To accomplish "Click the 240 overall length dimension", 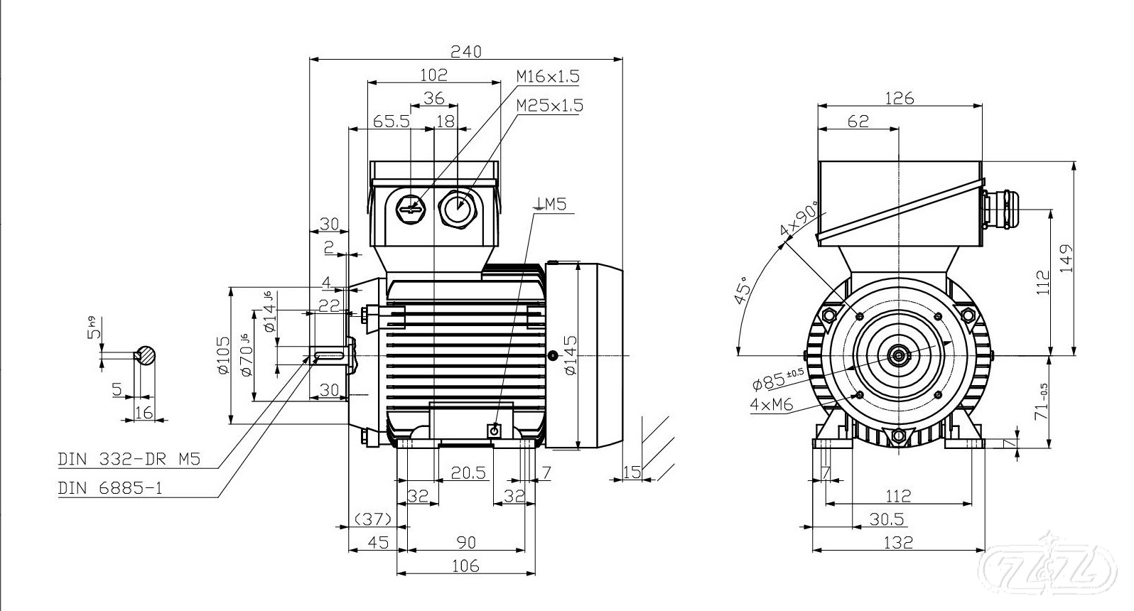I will click(x=466, y=51).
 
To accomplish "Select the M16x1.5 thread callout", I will click(x=548, y=76).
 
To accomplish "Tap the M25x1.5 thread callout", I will click(x=549, y=105).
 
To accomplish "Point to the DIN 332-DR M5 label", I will click(x=129, y=460).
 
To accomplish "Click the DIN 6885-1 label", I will click(x=110, y=489).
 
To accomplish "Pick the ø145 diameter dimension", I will click(x=571, y=355).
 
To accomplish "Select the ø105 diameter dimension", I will click(x=222, y=355).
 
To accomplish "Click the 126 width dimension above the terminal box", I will click(x=899, y=98).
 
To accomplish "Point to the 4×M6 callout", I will click(x=772, y=405).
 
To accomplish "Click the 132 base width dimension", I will click(x=898, y=542).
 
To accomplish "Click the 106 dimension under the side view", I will click(x=465, y=566).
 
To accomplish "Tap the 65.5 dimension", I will click(x=391, y=121).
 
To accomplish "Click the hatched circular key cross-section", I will click(x=147, y=355).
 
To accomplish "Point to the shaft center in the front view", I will click(x=899, y=355).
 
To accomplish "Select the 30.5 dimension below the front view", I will click(x=887, y=519).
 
